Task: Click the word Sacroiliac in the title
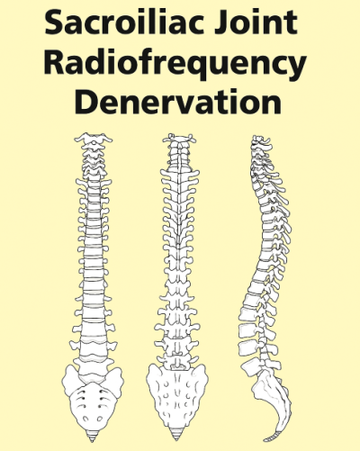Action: coord(126,22)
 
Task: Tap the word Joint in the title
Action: coord(256,22)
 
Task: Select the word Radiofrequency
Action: coord(175,65)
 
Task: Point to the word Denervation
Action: coord(178,102)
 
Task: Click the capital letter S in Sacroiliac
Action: coord(54,22)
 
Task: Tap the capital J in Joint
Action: coord(221,23)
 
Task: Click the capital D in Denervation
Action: coord(85,102)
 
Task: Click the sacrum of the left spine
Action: coord(93,399)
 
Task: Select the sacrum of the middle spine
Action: coord(177,396)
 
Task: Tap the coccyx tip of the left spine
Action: coord(92,441)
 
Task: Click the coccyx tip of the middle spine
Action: coord(176,439)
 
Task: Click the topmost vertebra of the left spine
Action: coord(94,139)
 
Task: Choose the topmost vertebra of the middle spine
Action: coord(179,139)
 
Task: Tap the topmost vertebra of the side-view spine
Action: coord(260,139)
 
